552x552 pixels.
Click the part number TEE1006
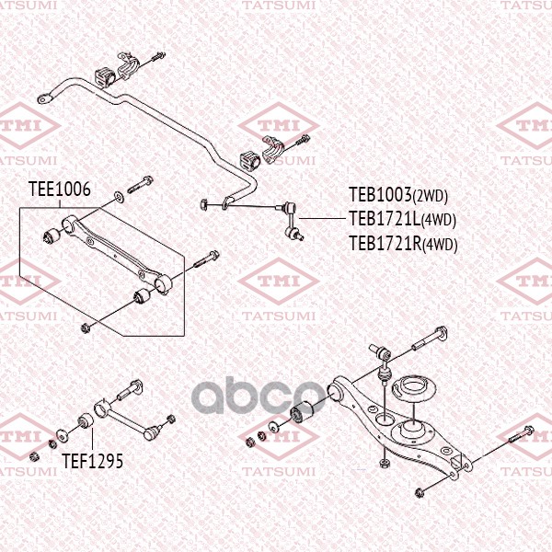pyautogui.click(x=60, y=189)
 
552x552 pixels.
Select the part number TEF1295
pyautogui.click(x=93, y=461)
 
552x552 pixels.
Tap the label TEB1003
pyautogui.click(x=380, y=195)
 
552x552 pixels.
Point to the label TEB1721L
pyautogui.click(x=385, y=219)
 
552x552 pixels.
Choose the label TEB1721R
pyautogui.click(x=385, y=243)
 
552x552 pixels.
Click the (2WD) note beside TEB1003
pyautogui.click(x=430, y=197)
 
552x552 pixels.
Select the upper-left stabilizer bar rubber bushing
pyautogui.click(x=105, y=75)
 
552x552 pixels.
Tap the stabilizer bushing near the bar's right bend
pyautogui.click(x=249, y=160)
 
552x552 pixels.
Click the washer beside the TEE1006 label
pyautogui.click(x=119, y=197)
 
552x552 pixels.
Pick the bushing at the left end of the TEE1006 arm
pyautogui.click(x=52, y=236)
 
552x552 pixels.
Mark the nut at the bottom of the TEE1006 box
pyautogui.click(x=85, y=328)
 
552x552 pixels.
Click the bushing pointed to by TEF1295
pyautogui.click(x=85, y=420)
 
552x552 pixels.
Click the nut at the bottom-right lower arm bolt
pyautogui.click(x=419, y=492)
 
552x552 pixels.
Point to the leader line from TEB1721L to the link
pyautogui.click(x=322, y=219)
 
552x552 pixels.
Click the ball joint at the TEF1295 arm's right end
pyautogui.click(x=153, y=432)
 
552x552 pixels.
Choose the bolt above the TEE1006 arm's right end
pyautogui.click(x=206, y=259)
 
